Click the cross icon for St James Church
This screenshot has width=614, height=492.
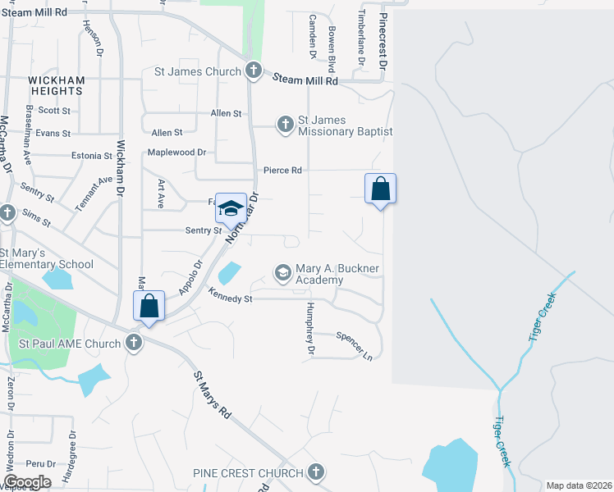(x=254, y=71)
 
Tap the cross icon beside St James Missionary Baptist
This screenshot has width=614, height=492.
(x=285, y=125)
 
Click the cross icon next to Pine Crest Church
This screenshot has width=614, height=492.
(x=316, y=473)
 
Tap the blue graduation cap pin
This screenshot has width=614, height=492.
(x=231, y=208)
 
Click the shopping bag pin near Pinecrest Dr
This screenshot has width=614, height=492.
(x=380, y=189)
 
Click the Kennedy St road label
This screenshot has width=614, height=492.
(x=230, y=298)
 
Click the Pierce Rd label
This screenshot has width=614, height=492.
(x=283, y=170)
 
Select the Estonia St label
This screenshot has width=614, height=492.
(x=91, y=155)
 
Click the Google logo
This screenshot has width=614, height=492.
(x=27, y=482)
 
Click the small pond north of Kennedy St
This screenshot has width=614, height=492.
(x=231, y=273)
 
